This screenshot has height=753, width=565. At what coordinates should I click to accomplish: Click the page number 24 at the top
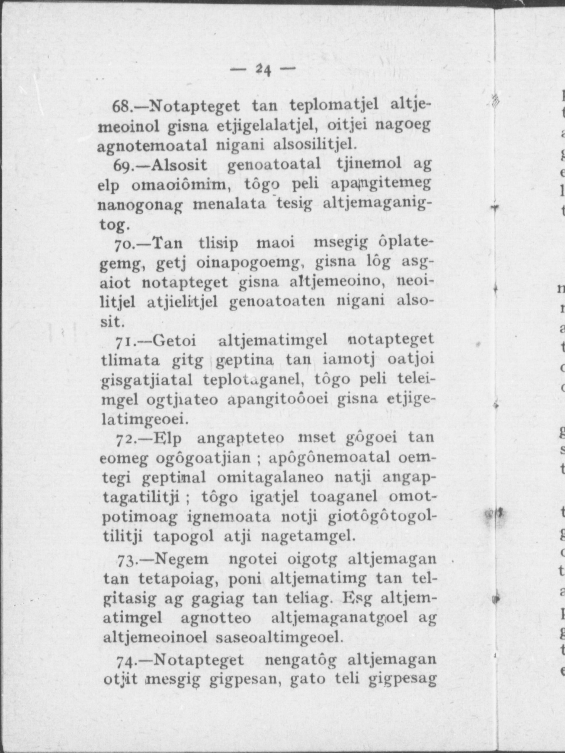point(262,69)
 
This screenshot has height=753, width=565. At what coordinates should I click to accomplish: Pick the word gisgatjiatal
point(147,381)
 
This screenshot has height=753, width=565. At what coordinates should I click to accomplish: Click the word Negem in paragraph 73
point(182,560)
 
